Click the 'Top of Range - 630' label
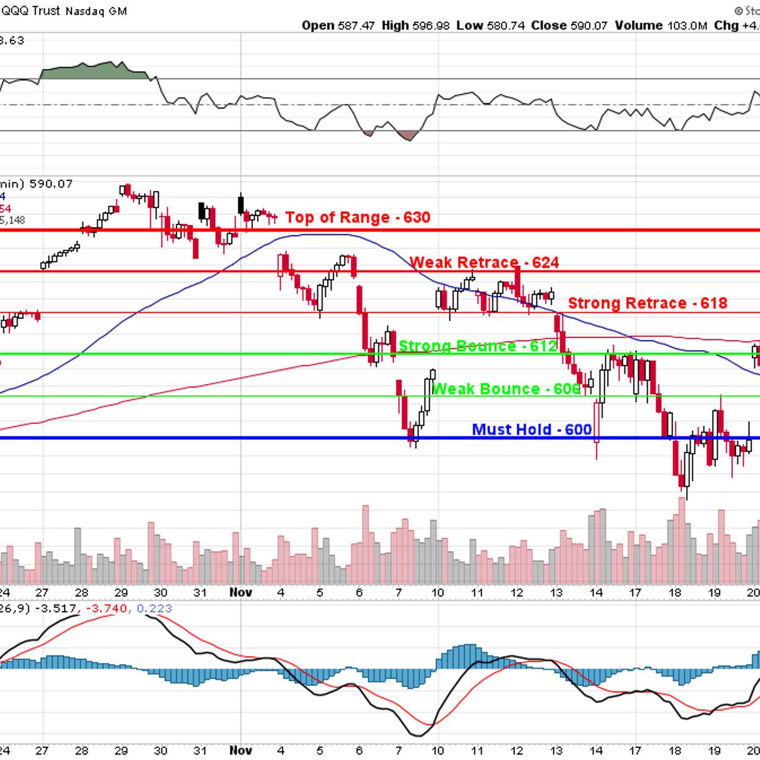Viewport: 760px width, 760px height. coord(358,217)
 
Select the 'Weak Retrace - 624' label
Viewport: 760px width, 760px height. coord(484,263)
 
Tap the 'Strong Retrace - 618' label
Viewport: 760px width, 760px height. coord(647,303)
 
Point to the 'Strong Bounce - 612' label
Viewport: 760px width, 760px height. coord(478,346)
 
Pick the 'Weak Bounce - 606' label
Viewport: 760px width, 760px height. coord(506,389)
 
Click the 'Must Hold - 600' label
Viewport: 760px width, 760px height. coord(531,429)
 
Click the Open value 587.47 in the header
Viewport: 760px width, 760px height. coord(356,26)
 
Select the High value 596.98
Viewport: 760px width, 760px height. coord(431,26)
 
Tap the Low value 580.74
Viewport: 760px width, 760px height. coord(506,26)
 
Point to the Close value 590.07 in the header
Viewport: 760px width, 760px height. coord(588,26)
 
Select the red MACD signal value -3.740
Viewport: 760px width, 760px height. coord(107,609)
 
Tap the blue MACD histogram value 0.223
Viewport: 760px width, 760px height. coord(154,609)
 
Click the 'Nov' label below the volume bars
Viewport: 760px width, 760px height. coord(240,592)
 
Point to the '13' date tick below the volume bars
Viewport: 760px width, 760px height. coord(556,592)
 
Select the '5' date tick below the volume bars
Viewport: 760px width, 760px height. coord(320,592)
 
